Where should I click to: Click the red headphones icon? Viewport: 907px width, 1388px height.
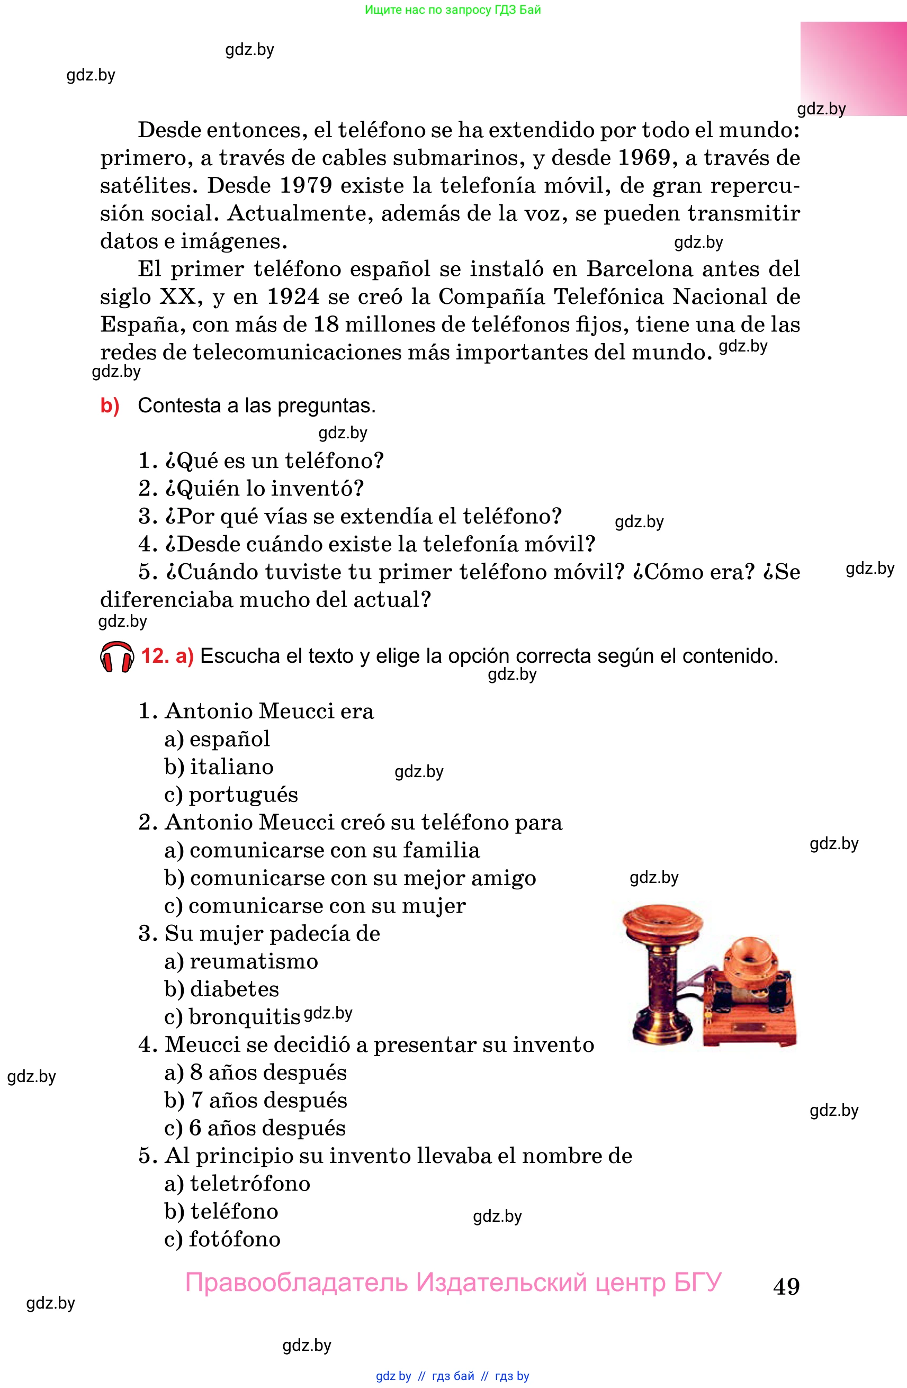(x=116, y=657)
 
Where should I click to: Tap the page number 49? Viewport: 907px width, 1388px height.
(x=786, y=1286)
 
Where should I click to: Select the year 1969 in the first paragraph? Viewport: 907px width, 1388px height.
(x=643, y=157)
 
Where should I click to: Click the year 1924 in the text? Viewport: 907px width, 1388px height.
(x=293, y=296)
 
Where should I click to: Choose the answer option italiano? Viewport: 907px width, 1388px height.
(x=231, y=767)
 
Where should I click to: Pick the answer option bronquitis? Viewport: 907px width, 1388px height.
(x=244, y=1016)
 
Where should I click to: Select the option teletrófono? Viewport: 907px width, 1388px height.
(x=249, y=1183)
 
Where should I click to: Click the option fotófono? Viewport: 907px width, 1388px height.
(x=235, y=1239)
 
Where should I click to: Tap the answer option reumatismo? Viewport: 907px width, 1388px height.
(x=254, y=961)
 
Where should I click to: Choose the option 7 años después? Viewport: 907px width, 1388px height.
(x=268, y=1100)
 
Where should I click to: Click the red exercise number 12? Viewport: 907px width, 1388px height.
(x=155, y=656)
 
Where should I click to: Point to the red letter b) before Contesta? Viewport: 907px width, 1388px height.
(x=110, y=405)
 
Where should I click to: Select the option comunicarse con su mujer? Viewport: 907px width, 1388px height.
(x=327, y=906)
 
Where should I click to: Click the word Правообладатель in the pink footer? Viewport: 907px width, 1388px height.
(x=297, y=1283)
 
